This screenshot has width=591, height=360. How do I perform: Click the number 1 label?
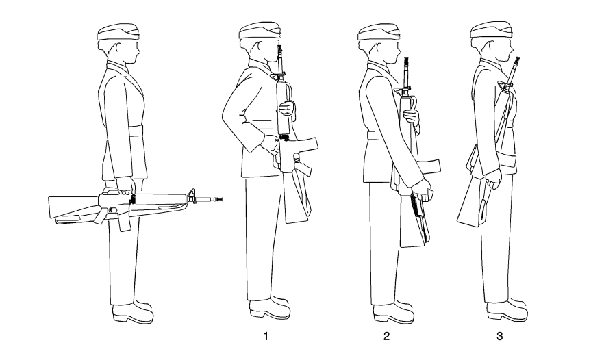point(266,336)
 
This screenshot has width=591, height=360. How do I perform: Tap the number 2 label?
point(386,336)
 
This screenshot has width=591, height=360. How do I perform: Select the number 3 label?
point(499,336)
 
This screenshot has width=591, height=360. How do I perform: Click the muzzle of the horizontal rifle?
point(221,199)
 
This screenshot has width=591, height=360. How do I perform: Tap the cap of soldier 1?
point(260,31)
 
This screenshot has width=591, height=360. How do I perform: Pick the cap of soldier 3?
point(491,30)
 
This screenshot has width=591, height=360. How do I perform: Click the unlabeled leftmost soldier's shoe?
point(133,312)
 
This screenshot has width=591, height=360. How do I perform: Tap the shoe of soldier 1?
point(270,308)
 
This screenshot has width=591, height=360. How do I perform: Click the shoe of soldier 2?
point(393,312)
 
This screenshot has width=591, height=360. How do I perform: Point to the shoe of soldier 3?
point(507,310)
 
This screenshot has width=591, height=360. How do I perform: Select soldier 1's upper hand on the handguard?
point(287,109)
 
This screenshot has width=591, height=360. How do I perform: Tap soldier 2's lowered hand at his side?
point(422,190)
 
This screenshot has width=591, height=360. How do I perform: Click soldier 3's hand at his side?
point(493,179)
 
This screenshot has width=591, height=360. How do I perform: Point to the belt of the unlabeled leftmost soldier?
point(136,131)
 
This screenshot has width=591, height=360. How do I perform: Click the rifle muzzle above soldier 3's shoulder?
point(517,60)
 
